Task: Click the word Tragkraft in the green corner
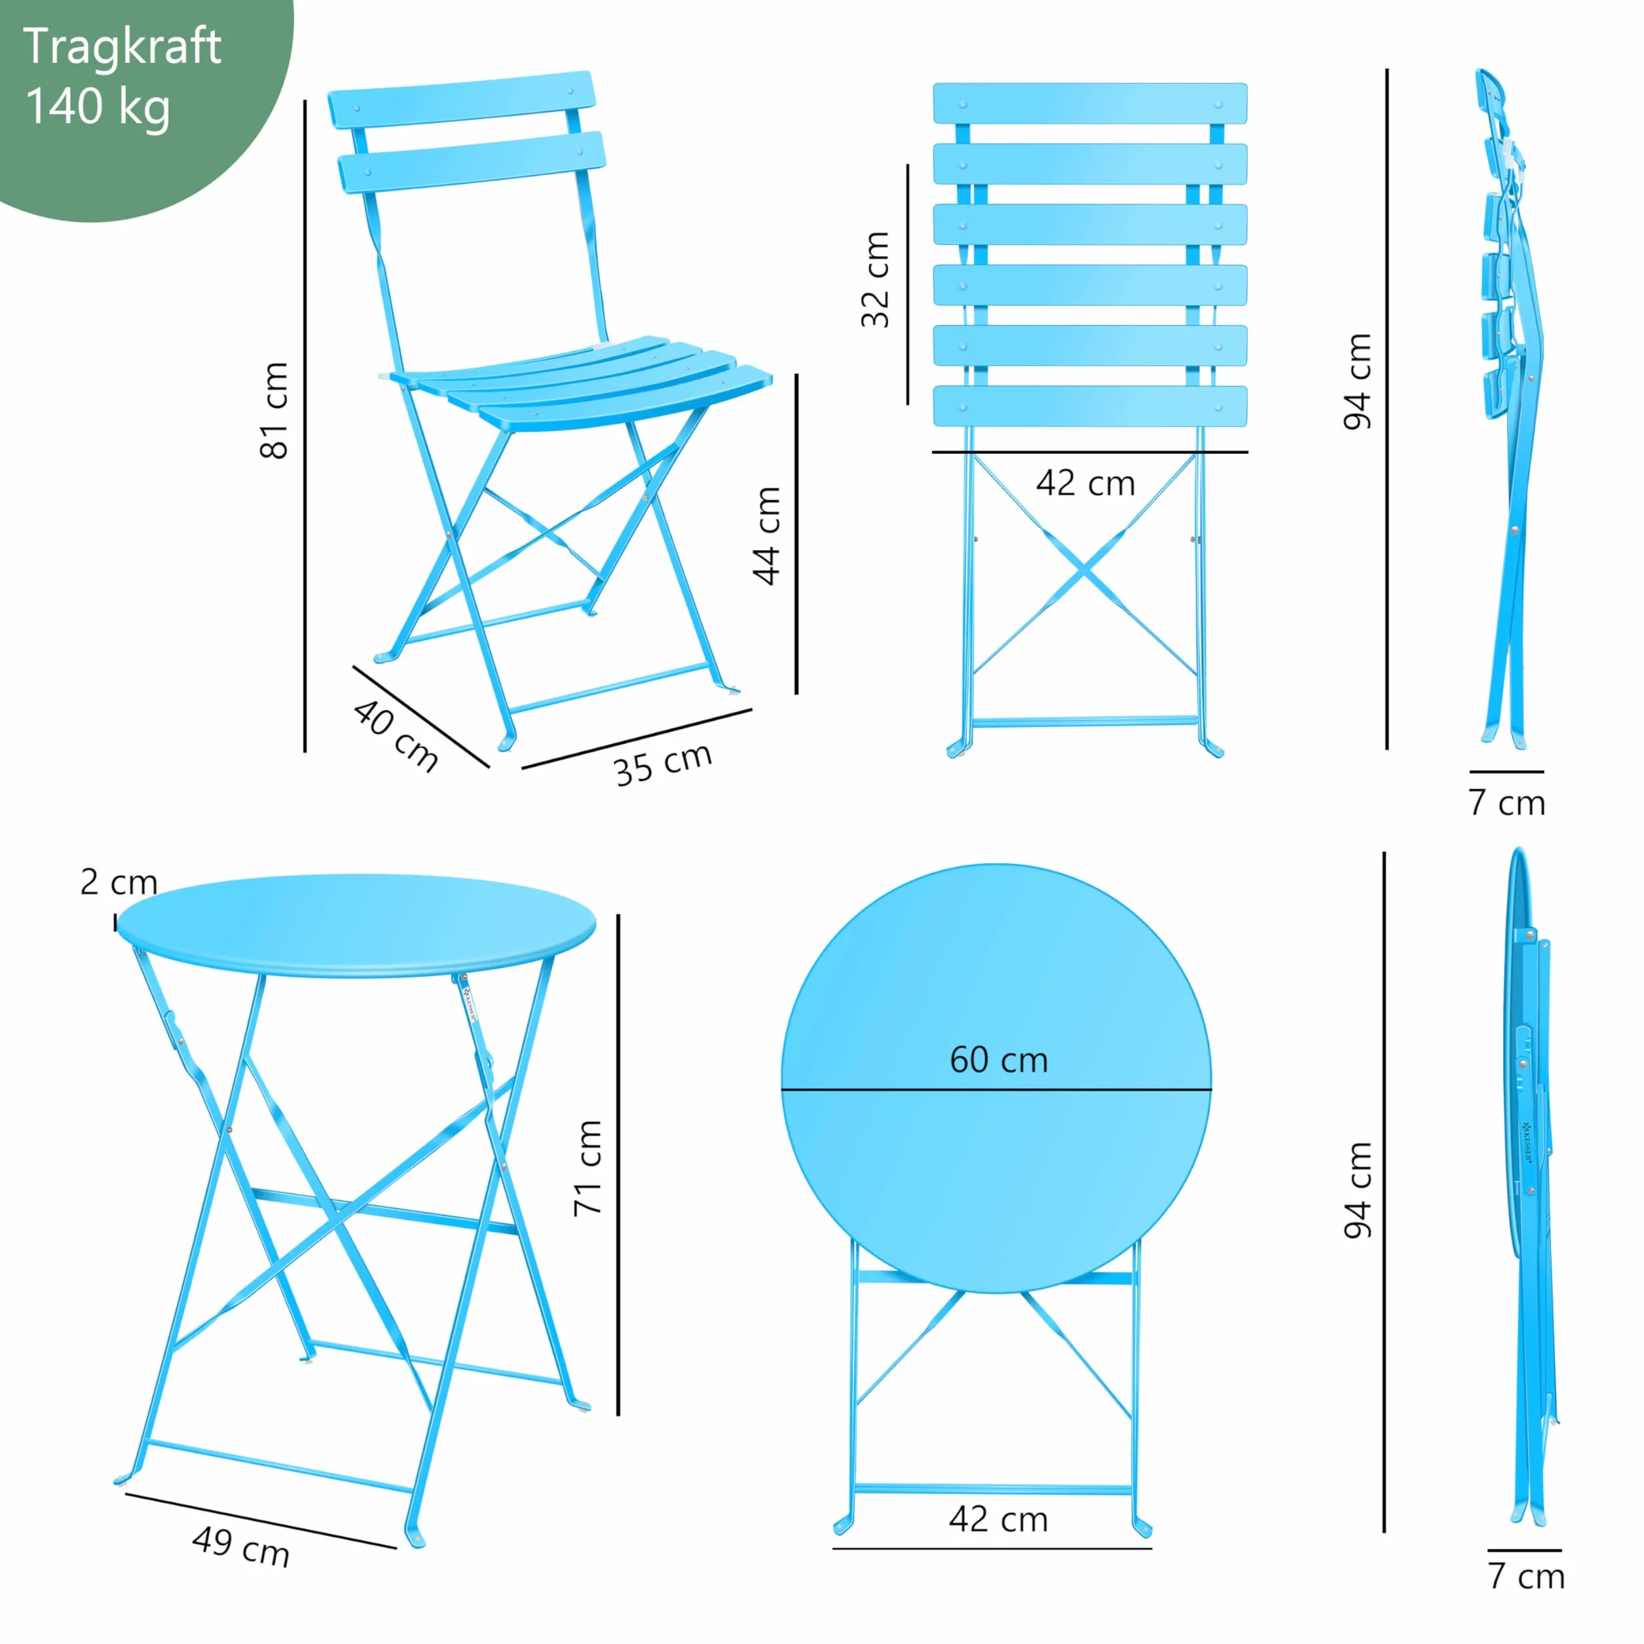(x=122, y=48)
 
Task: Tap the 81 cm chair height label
(x=274, y=410)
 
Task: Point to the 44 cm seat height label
(x=767, y=536)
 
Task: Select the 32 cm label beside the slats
(x=875, y=279)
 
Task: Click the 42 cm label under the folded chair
(x=1086, y=483)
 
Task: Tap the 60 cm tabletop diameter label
(x=999, y=1060)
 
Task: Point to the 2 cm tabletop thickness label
(x=119, y=882)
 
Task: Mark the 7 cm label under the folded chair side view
(x=1506, y=802)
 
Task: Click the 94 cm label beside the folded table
(x=1358, y=1189)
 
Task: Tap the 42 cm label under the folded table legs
(x=999, y=1520)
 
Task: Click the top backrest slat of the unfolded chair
(x=462, y=99)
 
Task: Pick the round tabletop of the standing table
(x=356, y=925)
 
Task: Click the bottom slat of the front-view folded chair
(x=1090, y=407)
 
